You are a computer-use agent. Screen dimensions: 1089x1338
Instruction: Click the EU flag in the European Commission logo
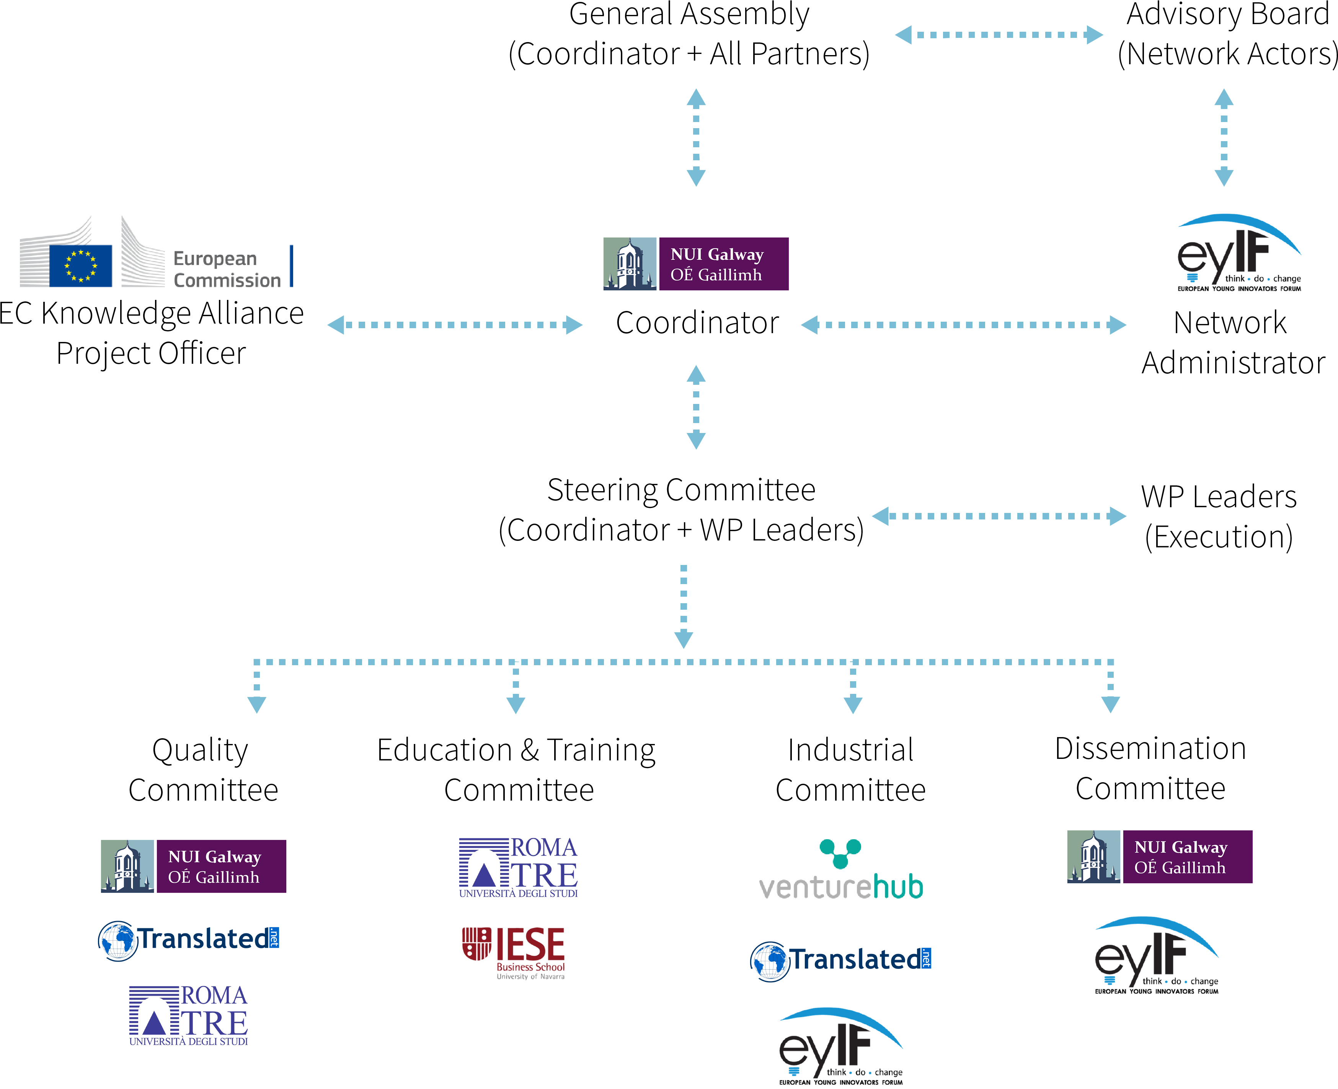[x=81, y=266]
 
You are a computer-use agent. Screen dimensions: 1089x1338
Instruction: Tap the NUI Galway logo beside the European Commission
[x=695, y=264]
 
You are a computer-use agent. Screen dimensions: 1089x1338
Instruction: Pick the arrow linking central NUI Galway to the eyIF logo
[x=963, y=325]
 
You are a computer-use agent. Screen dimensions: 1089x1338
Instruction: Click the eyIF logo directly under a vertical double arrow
[x=1233, y=247]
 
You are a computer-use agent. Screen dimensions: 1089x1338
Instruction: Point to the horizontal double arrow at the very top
[x=999, y=35]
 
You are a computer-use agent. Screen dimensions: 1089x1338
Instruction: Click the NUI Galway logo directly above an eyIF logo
[x=1159, y=857]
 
